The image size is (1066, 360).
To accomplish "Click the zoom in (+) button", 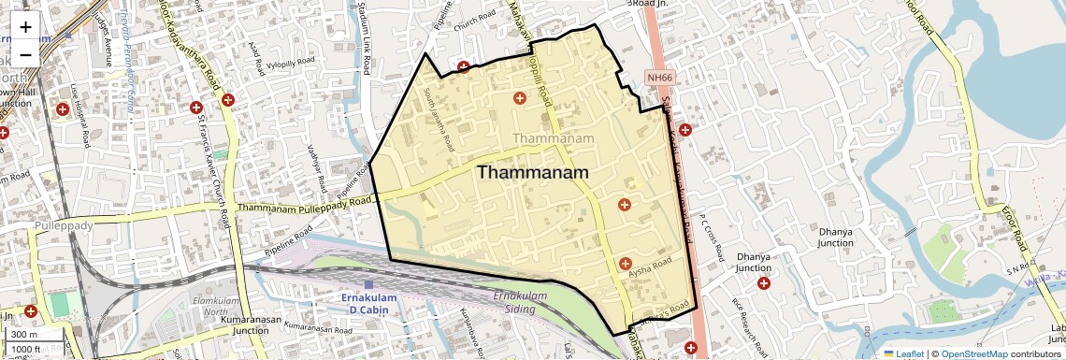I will pos(25,26).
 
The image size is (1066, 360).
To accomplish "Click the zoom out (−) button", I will pos(25,53).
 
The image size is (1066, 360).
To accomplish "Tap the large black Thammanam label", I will pos(533,173).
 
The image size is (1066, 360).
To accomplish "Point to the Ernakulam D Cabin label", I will pos(367,303).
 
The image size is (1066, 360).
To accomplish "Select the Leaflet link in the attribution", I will pos(904,353).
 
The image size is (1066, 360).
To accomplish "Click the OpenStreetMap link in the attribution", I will pos(973,353).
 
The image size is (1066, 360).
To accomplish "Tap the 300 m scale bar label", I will pos(24,335).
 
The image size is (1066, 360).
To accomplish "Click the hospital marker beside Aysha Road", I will pos(625,264).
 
